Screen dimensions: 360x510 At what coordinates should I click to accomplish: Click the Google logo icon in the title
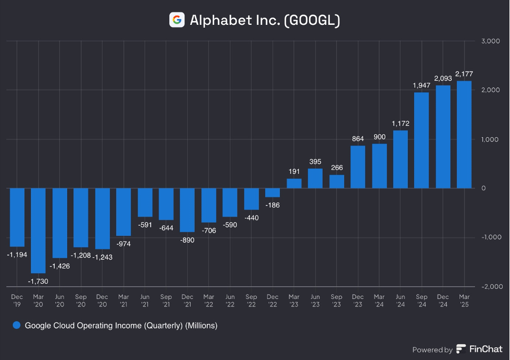click(177, 20)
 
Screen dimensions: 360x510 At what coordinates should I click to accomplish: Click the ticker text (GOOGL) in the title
click(312, 21)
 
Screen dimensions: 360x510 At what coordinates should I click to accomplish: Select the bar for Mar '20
click(38, 230)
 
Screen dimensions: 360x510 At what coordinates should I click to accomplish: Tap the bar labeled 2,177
click(464, 134)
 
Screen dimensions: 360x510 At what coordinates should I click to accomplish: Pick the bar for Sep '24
click(421, 140)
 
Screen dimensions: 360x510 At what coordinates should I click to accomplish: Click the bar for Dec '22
click(272, 192)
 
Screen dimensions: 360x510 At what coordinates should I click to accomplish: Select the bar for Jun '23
click(315, 178)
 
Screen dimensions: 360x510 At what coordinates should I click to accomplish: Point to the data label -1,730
click(38, 280)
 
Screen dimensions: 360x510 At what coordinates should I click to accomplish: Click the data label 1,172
click(400, 124)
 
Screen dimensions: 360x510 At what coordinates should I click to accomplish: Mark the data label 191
click(294, 172)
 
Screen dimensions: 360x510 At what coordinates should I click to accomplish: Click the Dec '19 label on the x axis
click(17, 300)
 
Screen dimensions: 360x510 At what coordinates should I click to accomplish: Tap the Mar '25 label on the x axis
click(464, 300)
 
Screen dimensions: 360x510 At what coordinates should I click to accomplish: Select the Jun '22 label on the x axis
click(230, 300)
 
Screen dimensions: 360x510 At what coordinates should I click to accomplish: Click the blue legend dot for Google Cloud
click(16, 326)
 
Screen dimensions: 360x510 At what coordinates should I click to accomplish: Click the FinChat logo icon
click(461, 349)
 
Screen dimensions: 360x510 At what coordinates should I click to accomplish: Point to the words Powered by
click(432, 350)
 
